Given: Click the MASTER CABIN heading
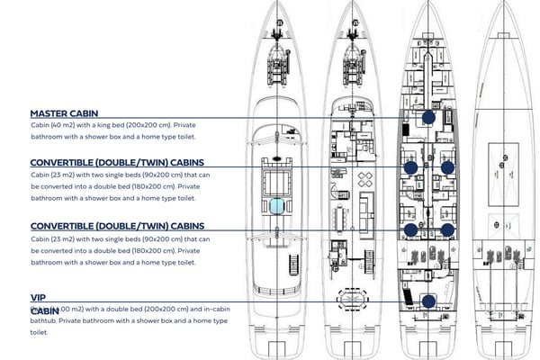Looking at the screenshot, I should click(71, 113).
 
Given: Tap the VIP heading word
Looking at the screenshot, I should click(38, 296).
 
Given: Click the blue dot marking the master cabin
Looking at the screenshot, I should click(428, 117).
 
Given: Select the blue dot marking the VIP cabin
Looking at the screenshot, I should click(428, 301).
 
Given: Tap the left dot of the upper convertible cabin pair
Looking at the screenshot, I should click(410, 167).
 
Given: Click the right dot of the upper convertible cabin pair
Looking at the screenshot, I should click(447, 167).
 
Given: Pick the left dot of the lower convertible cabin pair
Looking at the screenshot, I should click(410, 229).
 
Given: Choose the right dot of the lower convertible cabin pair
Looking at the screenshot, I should click(447, 229).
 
